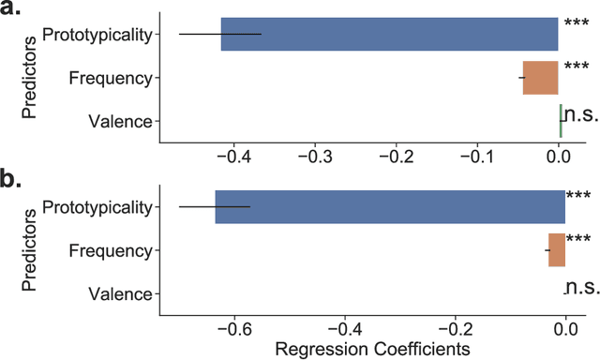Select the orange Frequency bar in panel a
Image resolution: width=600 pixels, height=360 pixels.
click(541, 78)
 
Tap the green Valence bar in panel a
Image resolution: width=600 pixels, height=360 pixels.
click(561, 120)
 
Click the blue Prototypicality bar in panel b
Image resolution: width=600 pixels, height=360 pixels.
click(390, 206)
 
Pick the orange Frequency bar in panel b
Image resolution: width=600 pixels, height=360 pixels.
click(557, 250)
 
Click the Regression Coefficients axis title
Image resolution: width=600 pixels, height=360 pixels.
click(364, 349)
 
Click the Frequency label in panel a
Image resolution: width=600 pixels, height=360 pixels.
click(110, 78)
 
